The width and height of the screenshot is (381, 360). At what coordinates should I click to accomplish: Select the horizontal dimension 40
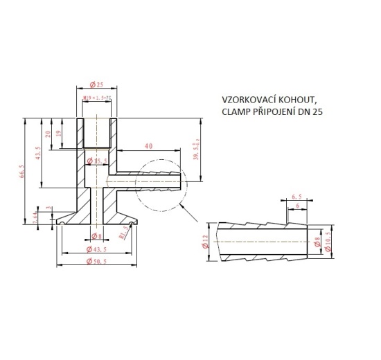coord(149,147)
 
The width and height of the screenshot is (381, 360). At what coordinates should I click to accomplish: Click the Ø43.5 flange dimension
coord(97,249)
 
